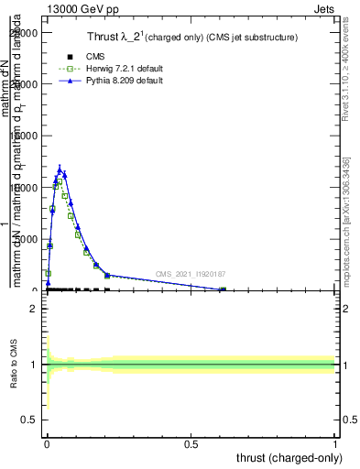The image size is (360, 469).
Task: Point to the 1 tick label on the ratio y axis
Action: pos(34,365)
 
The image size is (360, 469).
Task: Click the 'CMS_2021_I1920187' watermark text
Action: pos(190,274)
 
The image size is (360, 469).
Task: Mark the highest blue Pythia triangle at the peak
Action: pos(60,169)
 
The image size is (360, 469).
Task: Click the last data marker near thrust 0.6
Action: pos(223,289)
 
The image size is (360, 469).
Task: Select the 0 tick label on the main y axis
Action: pos(34,290)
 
